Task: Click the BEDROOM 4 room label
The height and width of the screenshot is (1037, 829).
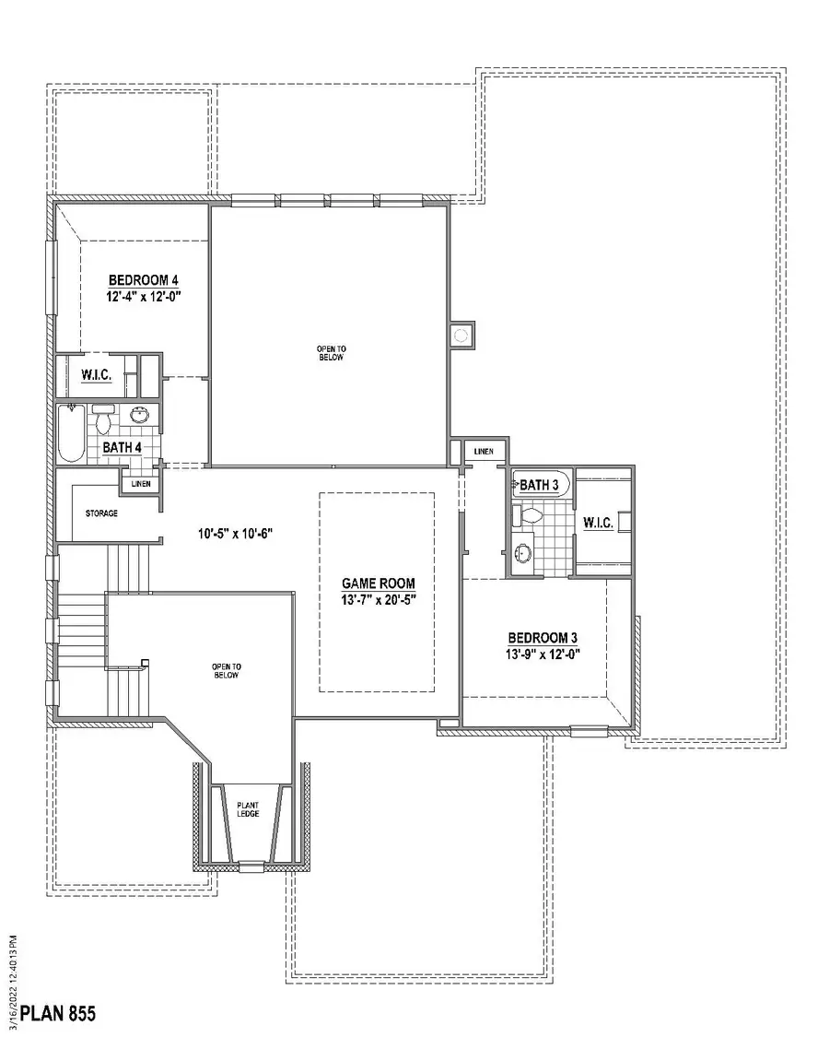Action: tap(143, 279)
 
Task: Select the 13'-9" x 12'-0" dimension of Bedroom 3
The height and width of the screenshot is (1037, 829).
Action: tap(543, 654)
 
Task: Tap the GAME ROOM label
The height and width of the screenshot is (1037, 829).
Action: tap(378, 583)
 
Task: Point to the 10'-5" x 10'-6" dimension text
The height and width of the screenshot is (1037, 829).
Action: tap(237, 533)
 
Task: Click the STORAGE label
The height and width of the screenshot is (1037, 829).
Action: tap(101, 513)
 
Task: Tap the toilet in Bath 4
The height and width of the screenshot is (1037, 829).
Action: tap(103, 419)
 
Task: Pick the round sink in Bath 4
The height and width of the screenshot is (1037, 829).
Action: tap(140, 416)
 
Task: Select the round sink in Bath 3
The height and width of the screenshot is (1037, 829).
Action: tap(523, 553)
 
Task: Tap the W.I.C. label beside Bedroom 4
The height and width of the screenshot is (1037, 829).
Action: tap(97, 375)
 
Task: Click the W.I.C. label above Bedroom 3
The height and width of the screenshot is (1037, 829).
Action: tap(598, 523)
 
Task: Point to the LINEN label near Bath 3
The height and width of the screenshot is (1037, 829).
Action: tap(484, 452)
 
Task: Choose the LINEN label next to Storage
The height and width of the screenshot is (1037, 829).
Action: tap(141, 483)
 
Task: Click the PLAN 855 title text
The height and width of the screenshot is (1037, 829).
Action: tap(58, 1014)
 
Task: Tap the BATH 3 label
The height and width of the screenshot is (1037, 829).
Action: tap(539, 485)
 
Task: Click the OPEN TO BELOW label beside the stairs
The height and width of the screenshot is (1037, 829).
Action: tap(226, 670)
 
